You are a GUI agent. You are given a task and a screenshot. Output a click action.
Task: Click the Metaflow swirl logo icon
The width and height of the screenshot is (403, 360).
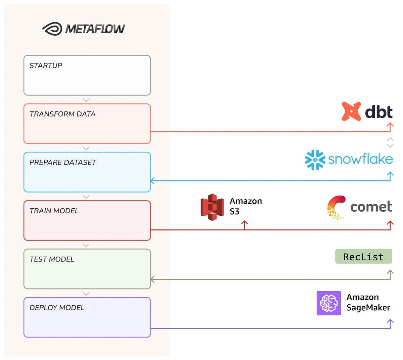pyautogui.click(x=52, y=29)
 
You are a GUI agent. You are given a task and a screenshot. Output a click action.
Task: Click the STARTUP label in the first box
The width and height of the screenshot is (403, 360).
pyautogui.click(x=46, y=65)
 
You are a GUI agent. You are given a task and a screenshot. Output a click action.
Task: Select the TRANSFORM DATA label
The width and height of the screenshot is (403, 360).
pyautogui.click(x=62, y=114)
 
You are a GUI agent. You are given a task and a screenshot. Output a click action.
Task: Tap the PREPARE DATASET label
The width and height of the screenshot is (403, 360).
pyautogui.click(x=63, y=162)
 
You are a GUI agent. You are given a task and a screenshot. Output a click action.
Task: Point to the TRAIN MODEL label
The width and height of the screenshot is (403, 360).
pyautogui.click(x=54, y=211)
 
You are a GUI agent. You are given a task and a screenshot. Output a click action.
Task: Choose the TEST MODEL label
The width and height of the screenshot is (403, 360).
pyautogui.click(x=52, y=259)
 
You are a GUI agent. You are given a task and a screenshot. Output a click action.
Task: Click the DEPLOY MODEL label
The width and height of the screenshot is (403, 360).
pyautogui.click(x=57, y=307)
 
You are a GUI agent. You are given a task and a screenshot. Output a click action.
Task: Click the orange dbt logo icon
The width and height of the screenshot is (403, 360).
pyautogui.click(x=351, y=111)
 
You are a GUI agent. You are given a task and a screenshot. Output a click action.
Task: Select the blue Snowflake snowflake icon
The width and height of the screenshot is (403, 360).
pyautogui.click(x=315, y=160)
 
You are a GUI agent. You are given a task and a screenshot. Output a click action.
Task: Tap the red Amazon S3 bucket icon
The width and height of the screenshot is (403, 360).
pyautogui.click(x=212, y=207)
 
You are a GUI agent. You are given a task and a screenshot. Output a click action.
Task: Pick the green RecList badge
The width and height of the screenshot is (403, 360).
pyautogui.click(x=363, y=257)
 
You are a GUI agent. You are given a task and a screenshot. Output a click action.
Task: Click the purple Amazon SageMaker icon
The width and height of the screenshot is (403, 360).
pyautogui.click(x=328, y=303)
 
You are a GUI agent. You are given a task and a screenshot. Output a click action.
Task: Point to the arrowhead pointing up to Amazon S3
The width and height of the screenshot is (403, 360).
pyautogui.click(x=244, y=223)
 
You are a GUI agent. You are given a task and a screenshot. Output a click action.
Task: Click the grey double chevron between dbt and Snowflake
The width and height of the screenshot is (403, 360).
pyautogui.click(x=390, y=142)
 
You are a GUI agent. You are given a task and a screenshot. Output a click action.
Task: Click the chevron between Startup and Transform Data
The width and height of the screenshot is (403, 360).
pyautogui.click(x=86, y=100)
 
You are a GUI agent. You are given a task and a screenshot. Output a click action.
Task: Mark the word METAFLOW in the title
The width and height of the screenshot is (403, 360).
pyautogui.click(x=95, y=29)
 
